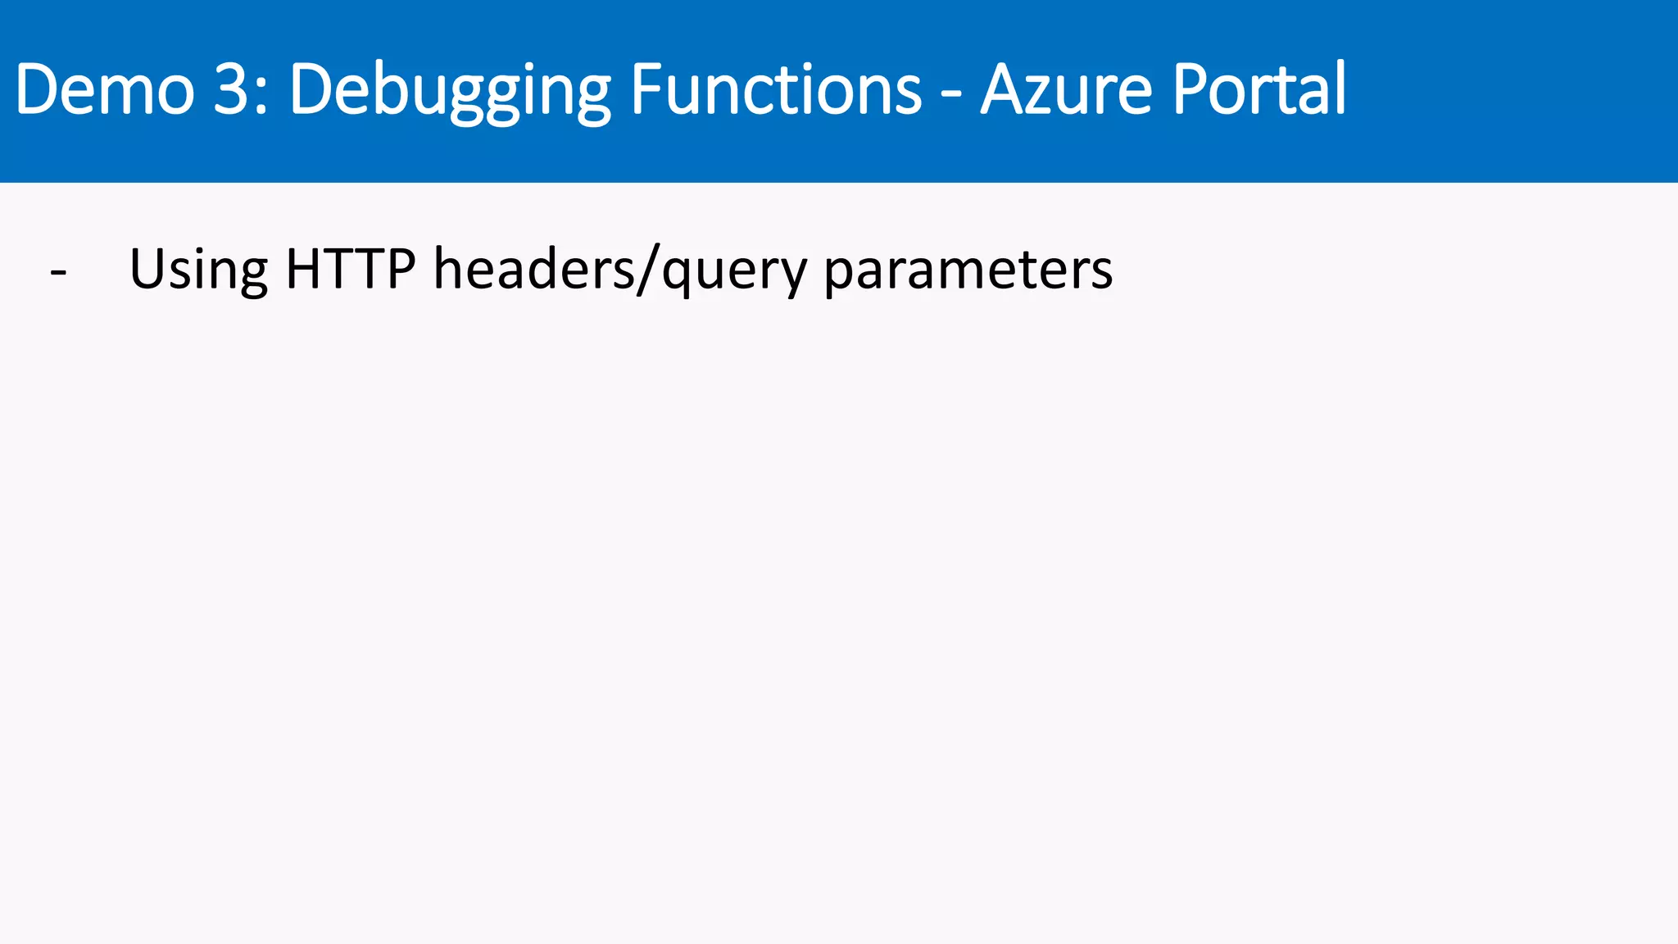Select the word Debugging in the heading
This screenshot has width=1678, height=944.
click(450, 90)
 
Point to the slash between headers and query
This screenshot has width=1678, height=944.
click(648, 270)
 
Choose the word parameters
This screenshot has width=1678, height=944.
click(968, 270)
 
